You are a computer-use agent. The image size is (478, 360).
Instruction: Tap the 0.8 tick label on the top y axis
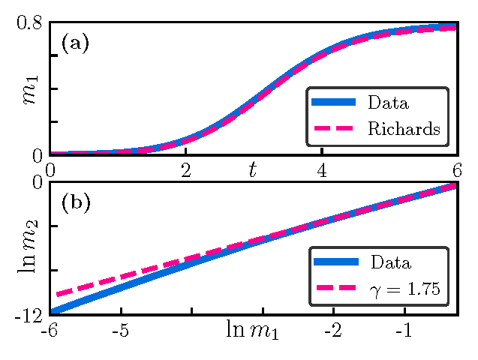29,23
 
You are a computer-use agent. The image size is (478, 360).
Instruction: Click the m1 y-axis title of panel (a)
30,88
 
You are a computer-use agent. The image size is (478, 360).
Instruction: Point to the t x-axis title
253,171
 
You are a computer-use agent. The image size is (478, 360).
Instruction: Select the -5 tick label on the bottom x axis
120,331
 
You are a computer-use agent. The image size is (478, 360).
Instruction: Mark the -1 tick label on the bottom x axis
404,331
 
